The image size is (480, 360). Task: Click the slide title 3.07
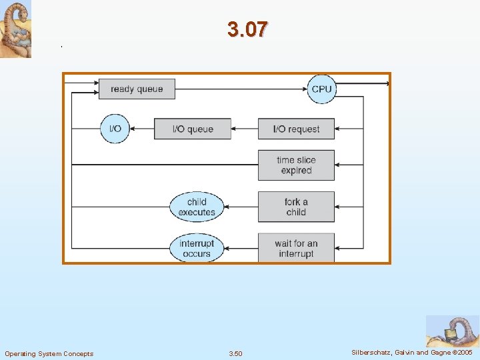[247, 29]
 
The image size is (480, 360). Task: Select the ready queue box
[137, 89]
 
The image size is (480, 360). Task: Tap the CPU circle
[321, 89]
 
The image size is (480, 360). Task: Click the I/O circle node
[115, 129]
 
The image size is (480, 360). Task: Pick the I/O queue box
[192, 129]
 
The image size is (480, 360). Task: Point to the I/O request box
[296, 129]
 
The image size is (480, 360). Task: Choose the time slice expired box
[296, 165]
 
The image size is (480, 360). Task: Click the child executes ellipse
[197, 207]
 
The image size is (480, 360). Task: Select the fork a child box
[296, 207]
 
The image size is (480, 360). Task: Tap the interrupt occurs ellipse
[197, 248]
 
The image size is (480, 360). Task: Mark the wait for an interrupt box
[296, 248]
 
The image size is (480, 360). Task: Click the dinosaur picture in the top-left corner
[15, 29]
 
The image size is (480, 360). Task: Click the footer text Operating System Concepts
[49, 353]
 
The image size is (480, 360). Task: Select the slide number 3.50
[235, 353]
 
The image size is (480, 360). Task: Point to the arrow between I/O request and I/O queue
[245, 129]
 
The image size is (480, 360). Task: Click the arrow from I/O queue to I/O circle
[142, 129]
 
